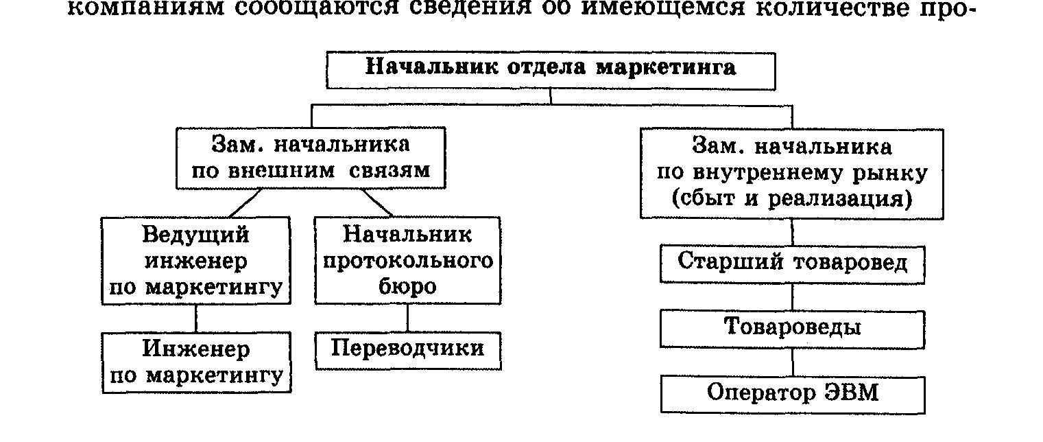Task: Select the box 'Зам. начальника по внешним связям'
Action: (x=310, y=157)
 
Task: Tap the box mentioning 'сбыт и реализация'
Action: (x=792, y=173)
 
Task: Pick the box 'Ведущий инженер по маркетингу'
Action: (x=196, y=261)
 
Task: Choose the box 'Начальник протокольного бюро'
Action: (x=407, y=261)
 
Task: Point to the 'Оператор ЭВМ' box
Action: (x=792, y=393)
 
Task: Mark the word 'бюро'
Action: (x=407, y=286)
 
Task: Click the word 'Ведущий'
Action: (x=196, y=235)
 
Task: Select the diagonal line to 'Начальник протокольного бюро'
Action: (x=377, y=203)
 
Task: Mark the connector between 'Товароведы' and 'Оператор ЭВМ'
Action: (x=793, y=362)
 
